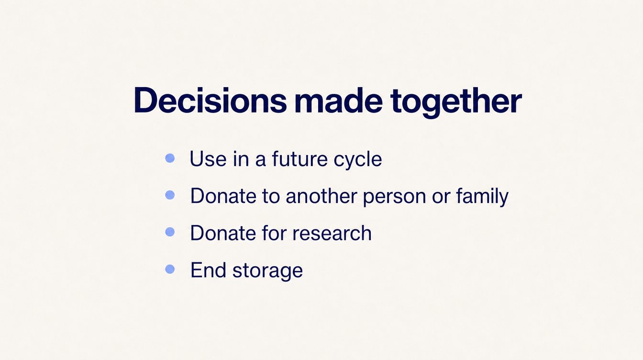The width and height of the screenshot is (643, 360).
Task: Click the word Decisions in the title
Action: tap(210, 100)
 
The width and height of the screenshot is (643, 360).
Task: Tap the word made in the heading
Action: tap(338, 100)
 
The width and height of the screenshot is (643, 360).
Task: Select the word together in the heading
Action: tap(456, 102)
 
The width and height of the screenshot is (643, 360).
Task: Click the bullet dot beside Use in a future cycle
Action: tap(170, 158)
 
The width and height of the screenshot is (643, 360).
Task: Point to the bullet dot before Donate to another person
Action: tap(170, 195)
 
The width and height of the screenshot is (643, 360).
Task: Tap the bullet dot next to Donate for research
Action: tap(170, 232)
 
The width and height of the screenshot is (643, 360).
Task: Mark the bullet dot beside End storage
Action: tap(170, 269)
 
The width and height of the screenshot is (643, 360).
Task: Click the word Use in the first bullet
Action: tap(208, 158)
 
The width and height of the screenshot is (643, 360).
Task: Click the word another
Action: tap(321, 196)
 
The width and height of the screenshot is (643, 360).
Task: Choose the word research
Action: tap(332, 233)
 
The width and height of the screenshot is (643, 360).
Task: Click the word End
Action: tap(208, 270)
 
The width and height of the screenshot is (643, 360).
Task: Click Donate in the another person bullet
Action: tap(223, 196)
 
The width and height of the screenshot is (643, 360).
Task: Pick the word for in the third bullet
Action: tap(274, 233)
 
